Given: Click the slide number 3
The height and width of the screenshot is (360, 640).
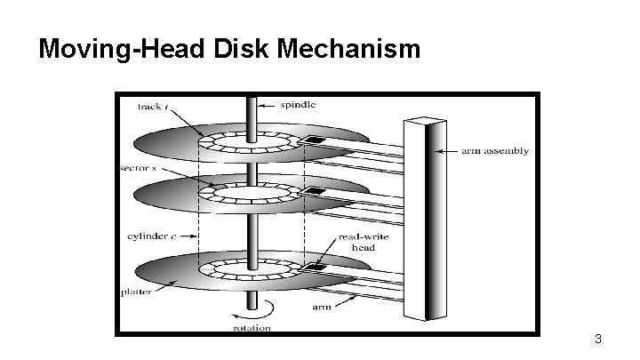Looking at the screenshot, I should coord(598,339).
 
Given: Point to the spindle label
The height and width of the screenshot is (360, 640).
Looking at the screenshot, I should coord(298,104).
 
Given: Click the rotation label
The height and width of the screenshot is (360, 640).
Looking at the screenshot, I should coord(251,328).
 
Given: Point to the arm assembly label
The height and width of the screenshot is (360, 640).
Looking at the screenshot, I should coord(495,150).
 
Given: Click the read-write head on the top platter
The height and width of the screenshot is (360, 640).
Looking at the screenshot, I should coord(313,142).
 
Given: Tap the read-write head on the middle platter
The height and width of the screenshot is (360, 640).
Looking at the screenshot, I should coord(313,191).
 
